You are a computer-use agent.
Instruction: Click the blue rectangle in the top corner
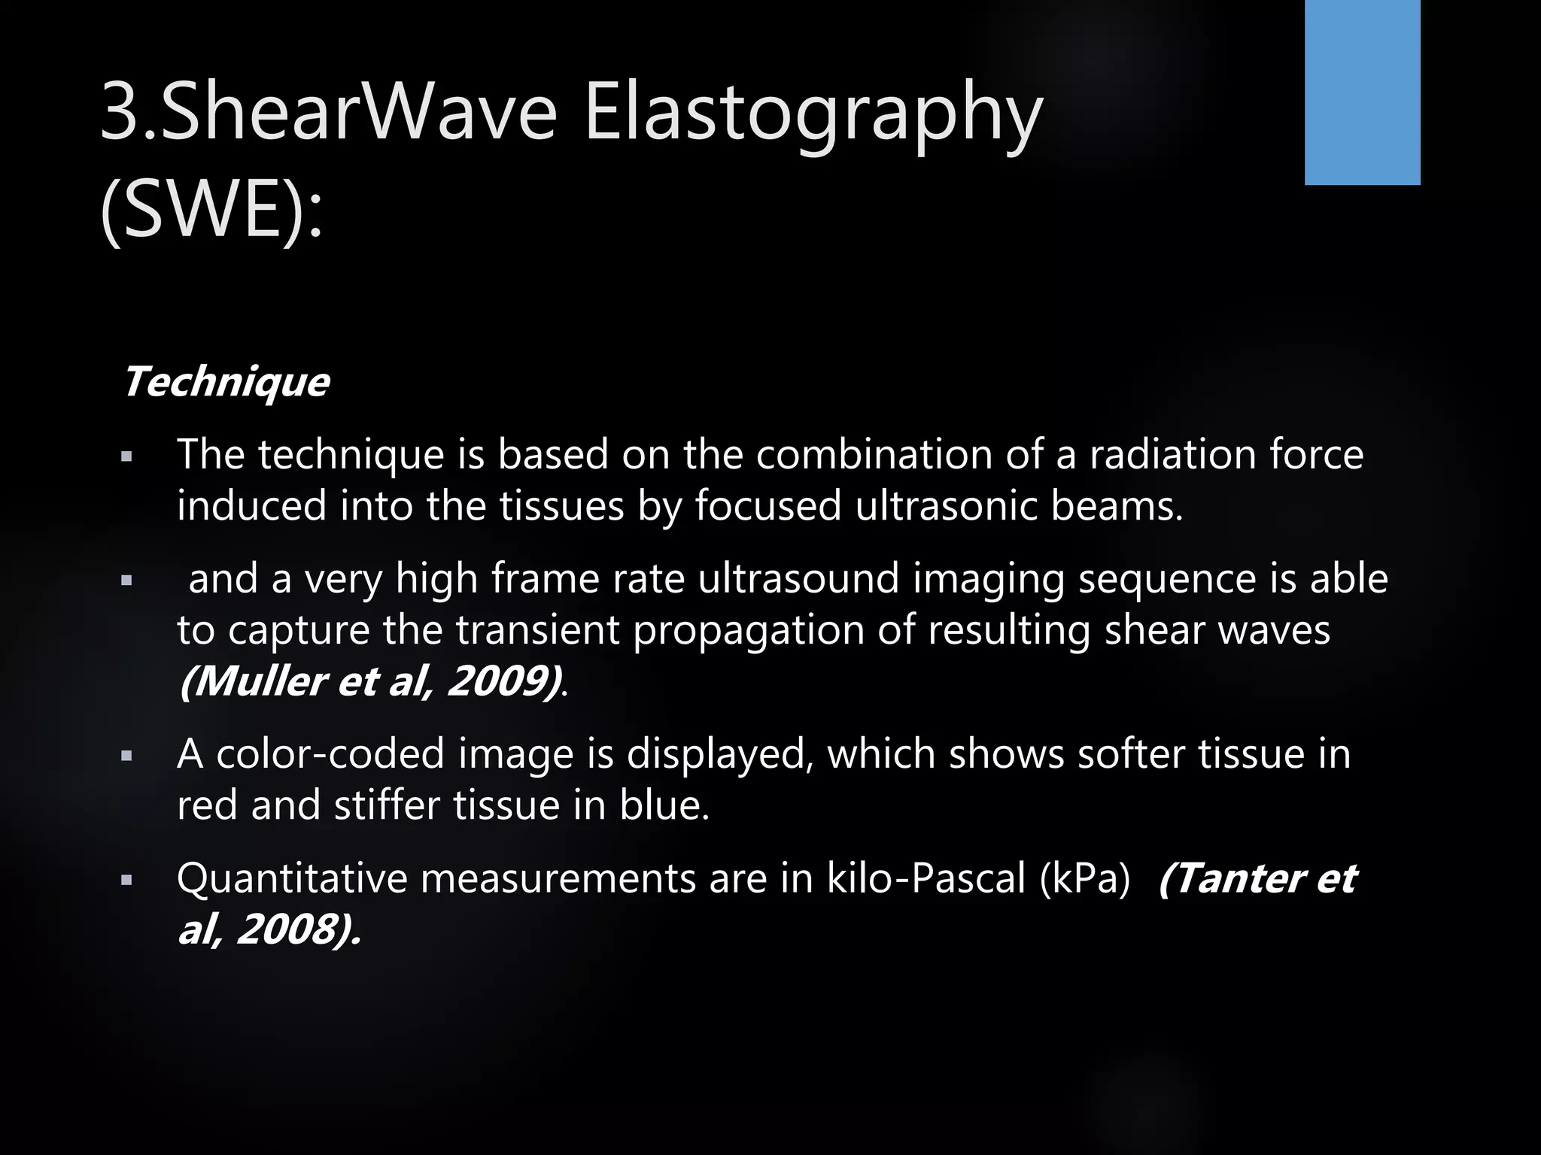[1362, 92]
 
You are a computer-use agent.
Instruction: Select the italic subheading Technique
[226, 382]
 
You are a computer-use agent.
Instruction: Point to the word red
[206, 805]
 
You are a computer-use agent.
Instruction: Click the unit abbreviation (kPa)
[1085, 878]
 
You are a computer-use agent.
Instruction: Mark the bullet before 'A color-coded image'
[126, 755]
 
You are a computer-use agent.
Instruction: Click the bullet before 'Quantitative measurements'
[126, 879]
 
